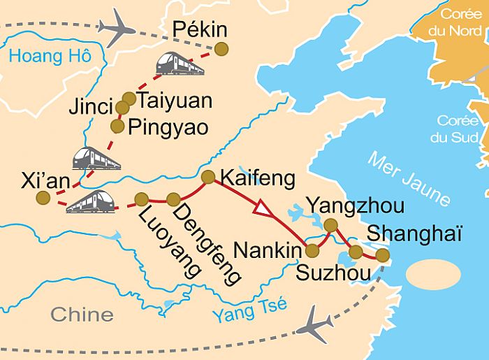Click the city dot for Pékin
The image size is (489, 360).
click(x=221, y=48)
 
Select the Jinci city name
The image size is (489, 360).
click(x=91, y=108)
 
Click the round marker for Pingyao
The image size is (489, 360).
click(x=117, y=125)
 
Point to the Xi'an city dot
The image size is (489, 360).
click(x=43, y=198)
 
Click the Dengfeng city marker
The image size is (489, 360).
click(x=173, y=199)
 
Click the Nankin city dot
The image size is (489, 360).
click(x=312, y=250)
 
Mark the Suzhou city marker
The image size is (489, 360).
click(x=356, y=252)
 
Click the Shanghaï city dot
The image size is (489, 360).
click(x=382, y=255)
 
